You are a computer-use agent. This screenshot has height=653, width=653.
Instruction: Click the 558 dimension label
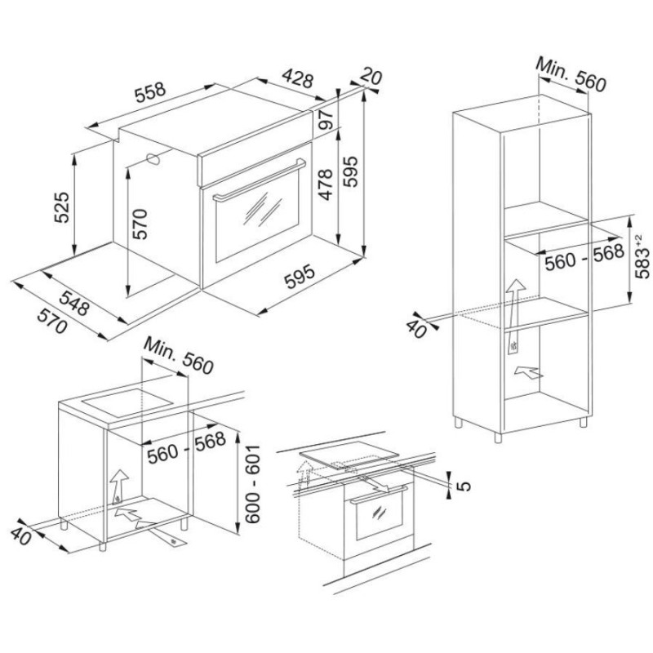[150, 92]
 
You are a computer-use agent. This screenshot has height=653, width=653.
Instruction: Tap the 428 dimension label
[297, 78]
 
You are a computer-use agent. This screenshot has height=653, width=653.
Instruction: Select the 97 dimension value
[328, 119]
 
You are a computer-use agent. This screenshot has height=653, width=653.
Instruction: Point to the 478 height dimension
[325, 184]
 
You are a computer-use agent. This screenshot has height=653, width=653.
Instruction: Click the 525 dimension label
[62, 207]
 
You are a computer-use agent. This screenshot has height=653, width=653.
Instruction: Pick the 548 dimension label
[74, 304]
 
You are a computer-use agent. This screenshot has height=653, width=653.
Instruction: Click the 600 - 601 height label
[253, 484]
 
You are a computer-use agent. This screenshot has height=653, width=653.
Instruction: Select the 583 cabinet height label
[642, 256]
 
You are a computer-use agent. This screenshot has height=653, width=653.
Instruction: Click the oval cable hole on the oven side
[153, 158]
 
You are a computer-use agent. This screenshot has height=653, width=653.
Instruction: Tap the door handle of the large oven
[259, 179]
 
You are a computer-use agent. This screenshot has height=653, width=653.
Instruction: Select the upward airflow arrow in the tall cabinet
[515, 317]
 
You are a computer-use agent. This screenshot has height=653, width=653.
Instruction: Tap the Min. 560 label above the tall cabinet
[571, 74]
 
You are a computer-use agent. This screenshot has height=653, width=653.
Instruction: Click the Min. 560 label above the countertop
[178, 356]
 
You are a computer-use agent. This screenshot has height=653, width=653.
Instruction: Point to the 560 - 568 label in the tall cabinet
[584, 257]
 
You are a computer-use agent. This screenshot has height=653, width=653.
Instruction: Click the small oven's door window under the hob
[379, 516]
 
